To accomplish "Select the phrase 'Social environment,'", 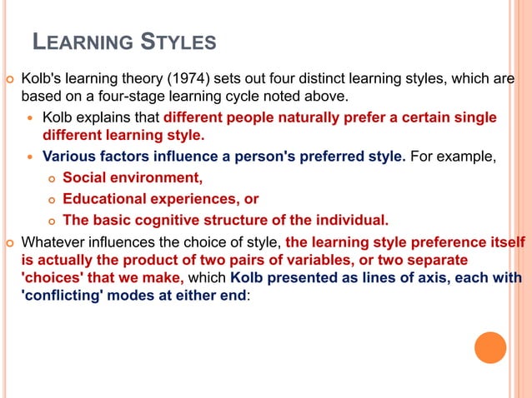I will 132,177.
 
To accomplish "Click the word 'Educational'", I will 106,199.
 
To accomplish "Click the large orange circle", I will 490,347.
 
